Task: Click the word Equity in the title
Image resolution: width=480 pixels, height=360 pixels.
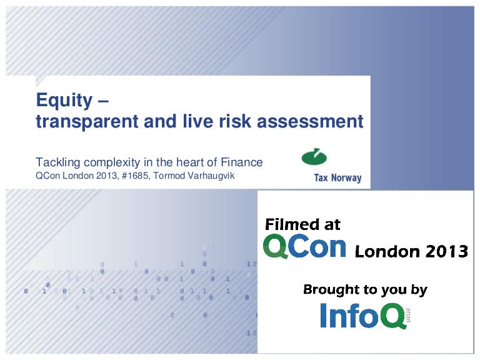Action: tap(64, 101)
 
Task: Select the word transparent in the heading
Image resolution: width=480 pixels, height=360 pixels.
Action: tap(87, 122)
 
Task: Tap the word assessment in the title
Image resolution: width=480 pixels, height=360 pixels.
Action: tap(310, 121)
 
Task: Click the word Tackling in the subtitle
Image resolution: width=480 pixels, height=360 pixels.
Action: tap(58, 162)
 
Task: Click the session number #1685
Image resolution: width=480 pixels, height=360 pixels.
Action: tap(135, 176)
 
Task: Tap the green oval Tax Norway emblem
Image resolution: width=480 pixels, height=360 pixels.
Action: tap(314, 157)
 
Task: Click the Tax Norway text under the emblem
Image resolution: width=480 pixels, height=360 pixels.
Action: tap(338, 178)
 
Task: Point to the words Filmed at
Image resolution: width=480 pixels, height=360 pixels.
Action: tap(302, 224)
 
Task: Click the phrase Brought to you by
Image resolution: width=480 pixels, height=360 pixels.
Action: tap(365, 289)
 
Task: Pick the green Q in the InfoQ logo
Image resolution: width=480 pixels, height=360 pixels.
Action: tap(393, 316)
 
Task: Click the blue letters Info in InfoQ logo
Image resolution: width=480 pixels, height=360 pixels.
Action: tap(350, 315)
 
